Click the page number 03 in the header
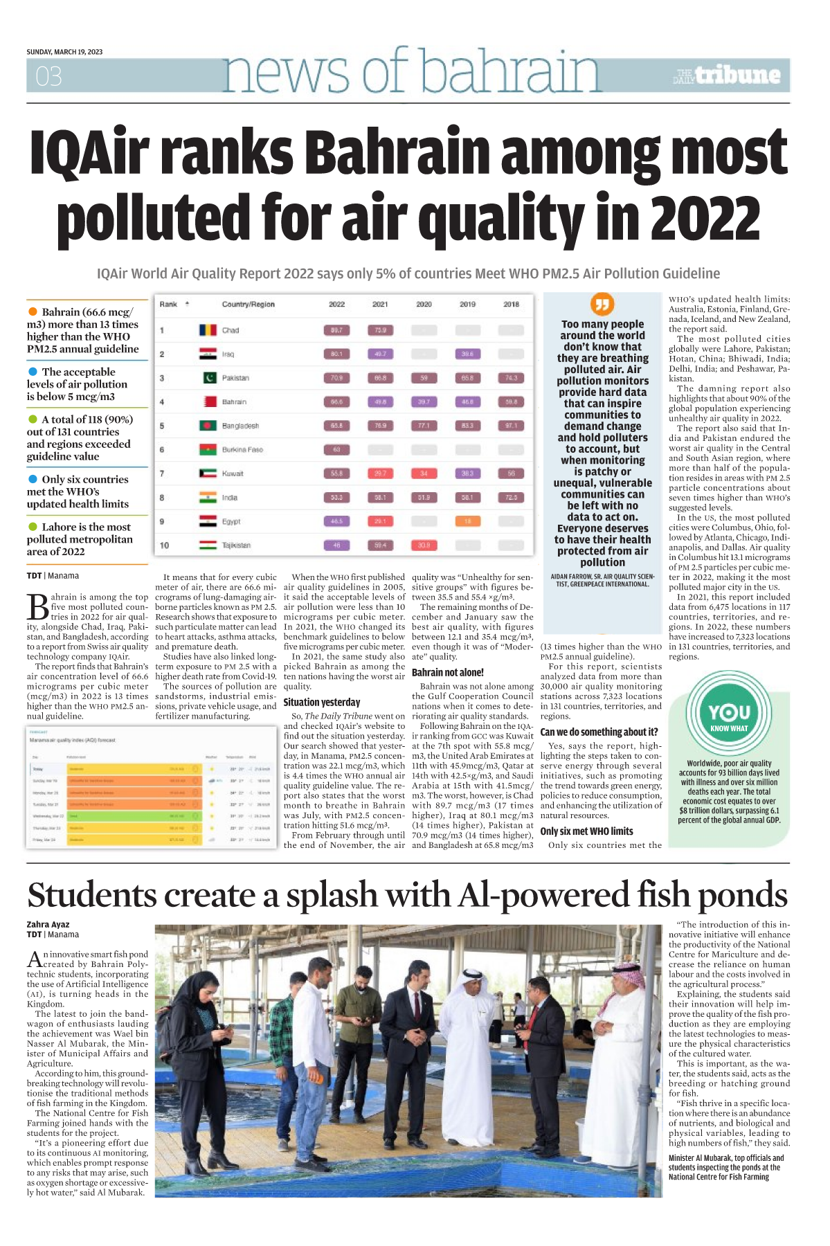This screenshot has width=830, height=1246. (48, 76)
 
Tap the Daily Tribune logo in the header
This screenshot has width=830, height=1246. (728, 75)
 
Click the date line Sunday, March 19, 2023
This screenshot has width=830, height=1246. (64, 52)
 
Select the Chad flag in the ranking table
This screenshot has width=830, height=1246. (208, 330)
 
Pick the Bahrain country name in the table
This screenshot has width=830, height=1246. (234, 402)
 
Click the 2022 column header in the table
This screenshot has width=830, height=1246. (336, 305)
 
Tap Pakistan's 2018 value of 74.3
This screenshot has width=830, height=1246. (511, 378)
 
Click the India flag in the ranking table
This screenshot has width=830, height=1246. (208, 498)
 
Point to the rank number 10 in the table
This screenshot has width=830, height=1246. (164, 545)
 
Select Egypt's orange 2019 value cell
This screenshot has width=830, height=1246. (467, 521)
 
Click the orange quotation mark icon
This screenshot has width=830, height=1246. (602, 305)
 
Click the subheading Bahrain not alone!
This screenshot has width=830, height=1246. (447, 672)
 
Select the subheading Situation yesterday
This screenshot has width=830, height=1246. (322, 702)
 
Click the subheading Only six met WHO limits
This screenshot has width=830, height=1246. (586, 831)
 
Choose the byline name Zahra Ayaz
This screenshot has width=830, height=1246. (48, 924)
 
